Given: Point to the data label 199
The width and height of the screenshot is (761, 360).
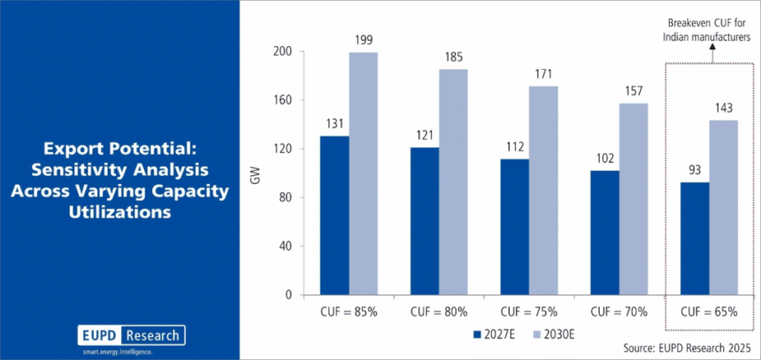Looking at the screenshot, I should pyautogui.click(x=363, y=42).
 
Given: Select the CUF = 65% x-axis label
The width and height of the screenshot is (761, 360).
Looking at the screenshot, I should pyautogui.click(x=708, y=311).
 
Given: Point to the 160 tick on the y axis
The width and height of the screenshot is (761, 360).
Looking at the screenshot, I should pyautogui.click(x=281, y=100).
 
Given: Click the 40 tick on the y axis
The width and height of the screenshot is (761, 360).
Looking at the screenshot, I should pyautogui.click(x=284, y=246).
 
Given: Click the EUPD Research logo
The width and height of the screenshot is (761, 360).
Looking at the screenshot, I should pyautogui.click(x=130, y=336).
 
